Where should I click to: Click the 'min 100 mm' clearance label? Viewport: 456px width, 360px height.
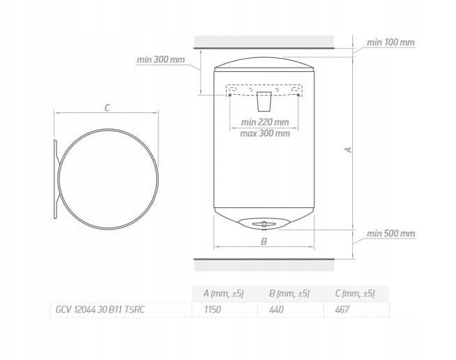click(390, 43)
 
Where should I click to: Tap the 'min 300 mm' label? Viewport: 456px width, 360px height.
click(160, 60)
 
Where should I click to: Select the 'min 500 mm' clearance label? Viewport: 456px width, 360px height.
click(390, 234)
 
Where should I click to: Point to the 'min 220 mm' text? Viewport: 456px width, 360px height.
click(265, 122)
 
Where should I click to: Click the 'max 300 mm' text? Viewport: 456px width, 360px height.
click(265, 133)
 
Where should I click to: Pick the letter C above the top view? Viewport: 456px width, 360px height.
click(107, 108)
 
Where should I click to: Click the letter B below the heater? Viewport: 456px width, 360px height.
click(264, 241)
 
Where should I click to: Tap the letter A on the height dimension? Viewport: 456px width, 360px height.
click(348, 150)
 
